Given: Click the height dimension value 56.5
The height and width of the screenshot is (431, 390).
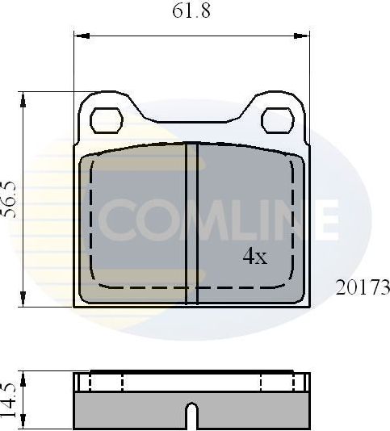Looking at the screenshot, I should pos(10,198).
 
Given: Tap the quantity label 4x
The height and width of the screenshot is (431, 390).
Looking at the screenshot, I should pos(255,257).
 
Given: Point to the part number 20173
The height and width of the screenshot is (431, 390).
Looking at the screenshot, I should pos(363,287).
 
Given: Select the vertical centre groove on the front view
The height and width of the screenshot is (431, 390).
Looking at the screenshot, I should pos(191,222).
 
